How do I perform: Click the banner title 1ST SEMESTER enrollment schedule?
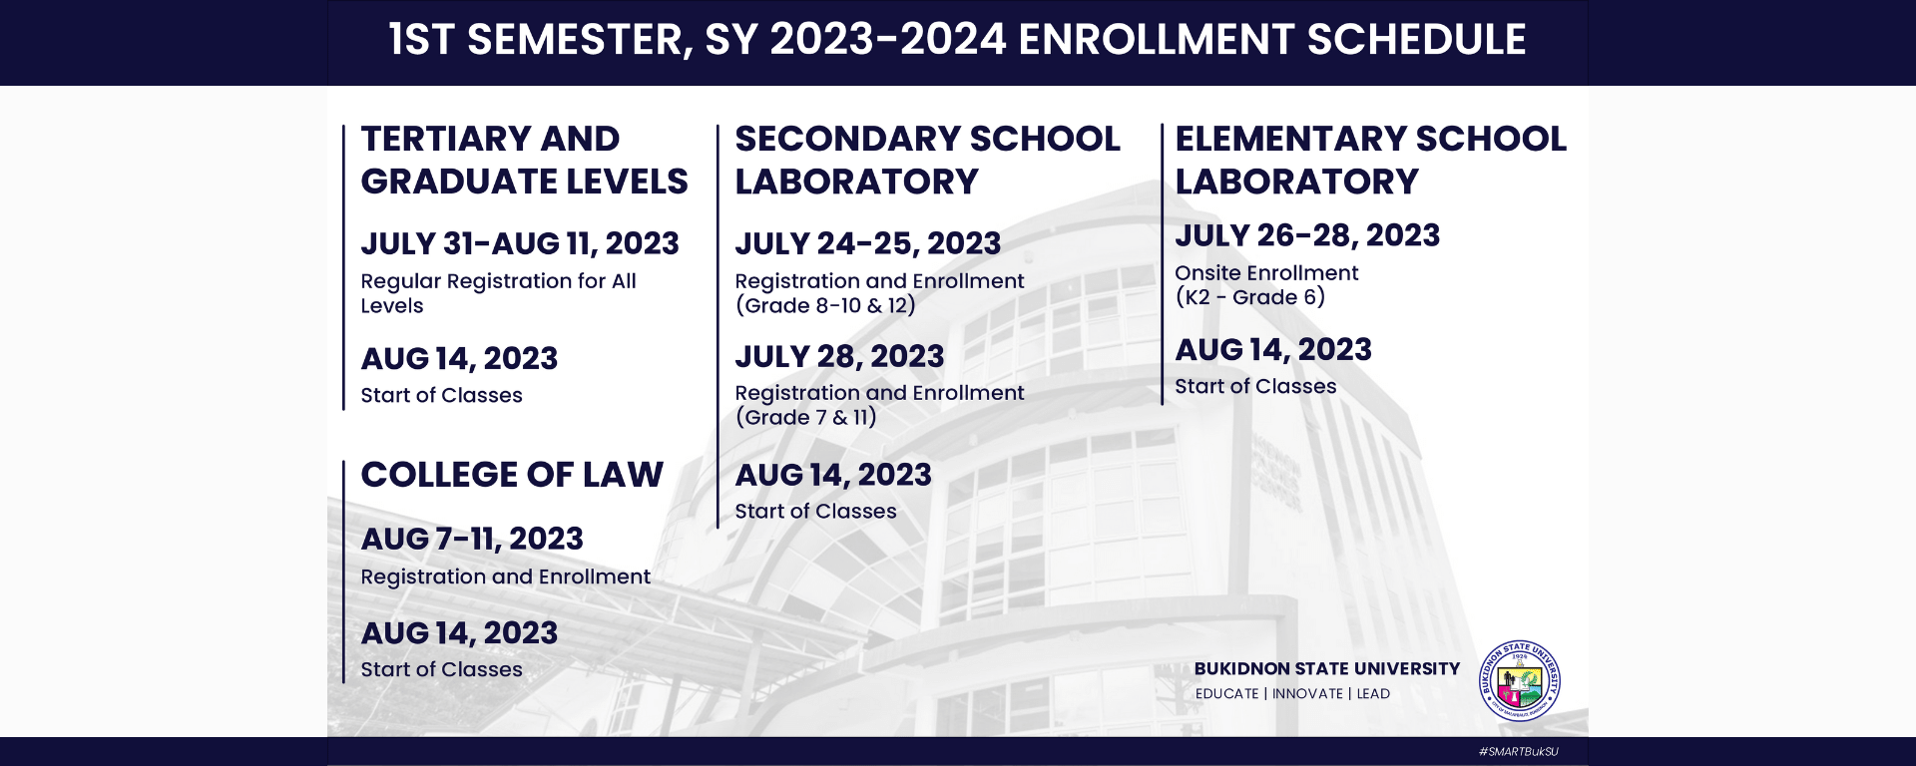(x=957, y=40)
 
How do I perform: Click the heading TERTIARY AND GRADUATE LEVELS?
(x=524, y=160)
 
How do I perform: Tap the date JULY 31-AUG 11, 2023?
(x=520, y=243)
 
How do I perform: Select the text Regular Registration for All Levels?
(x=498, y=293)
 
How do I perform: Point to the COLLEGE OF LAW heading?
(x=512, y=475)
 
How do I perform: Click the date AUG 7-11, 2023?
(x=472, y=539)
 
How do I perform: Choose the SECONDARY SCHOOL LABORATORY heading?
(x=928, y=160)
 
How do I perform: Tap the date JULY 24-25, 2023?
(x=868, y=243)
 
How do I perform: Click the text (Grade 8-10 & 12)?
(x=825, y=305)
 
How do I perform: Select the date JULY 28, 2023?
(x=839, y=356)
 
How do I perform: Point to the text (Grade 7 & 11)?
(x=806, y=417)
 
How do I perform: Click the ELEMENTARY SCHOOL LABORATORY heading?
(x=1371, y=160)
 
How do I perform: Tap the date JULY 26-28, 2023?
(x=1307, y=235)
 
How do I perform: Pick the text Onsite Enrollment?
(x=1266, y=273)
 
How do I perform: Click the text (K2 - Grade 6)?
(x=1250, y=297)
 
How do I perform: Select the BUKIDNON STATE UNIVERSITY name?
(x=1327, y=668)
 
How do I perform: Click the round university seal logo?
(x=1520, y=681)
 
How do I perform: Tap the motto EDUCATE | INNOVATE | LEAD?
(x=1292, y=694)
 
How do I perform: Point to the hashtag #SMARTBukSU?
(x=1518, y=751)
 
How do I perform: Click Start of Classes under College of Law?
(x=441, y=669)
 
